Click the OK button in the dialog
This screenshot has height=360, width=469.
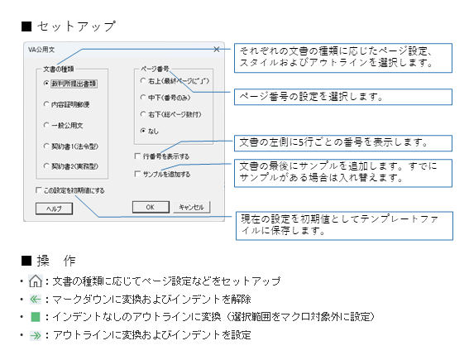tap(151, 207)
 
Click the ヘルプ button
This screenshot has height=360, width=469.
tap(54, 209)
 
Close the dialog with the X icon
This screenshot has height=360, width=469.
tap(217, 50)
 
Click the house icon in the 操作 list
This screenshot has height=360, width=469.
tap(36, 281)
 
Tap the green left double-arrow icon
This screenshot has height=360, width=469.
tap(36, 299)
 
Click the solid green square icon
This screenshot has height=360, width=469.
tap(36, 317)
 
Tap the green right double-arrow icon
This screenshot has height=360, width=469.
tap(36, 335)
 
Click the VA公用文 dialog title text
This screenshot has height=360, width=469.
tap(41, 50)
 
